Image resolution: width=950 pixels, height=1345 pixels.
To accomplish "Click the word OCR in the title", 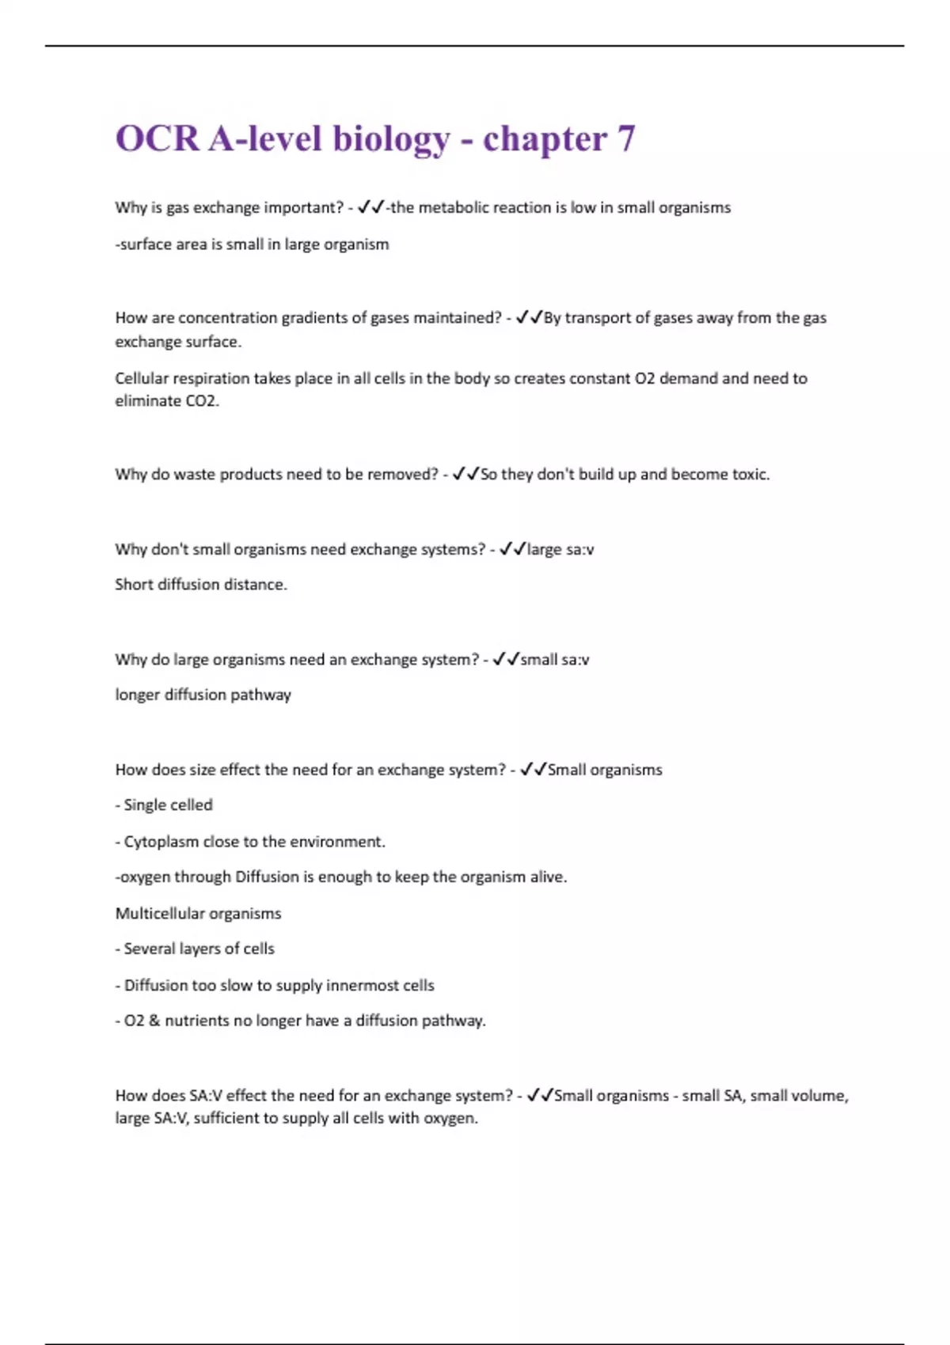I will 157,138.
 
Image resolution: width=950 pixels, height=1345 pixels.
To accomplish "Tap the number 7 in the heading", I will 625,138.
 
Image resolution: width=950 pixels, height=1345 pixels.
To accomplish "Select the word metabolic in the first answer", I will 453,207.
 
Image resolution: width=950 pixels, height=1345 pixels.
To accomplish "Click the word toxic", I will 750,474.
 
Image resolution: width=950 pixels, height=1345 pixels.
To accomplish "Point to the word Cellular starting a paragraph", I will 142,378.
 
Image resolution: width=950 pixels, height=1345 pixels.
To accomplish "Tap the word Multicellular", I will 160,913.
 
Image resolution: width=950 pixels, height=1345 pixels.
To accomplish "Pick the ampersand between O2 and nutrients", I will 154,1021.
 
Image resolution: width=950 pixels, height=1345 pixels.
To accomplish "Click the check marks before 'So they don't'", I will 465,474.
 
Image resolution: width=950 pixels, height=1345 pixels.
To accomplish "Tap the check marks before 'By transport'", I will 529,317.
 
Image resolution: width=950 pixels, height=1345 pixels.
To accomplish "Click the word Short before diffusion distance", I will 134,584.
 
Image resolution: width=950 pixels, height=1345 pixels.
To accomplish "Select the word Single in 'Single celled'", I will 145,805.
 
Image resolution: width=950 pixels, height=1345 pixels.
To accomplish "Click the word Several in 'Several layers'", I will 149,949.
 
